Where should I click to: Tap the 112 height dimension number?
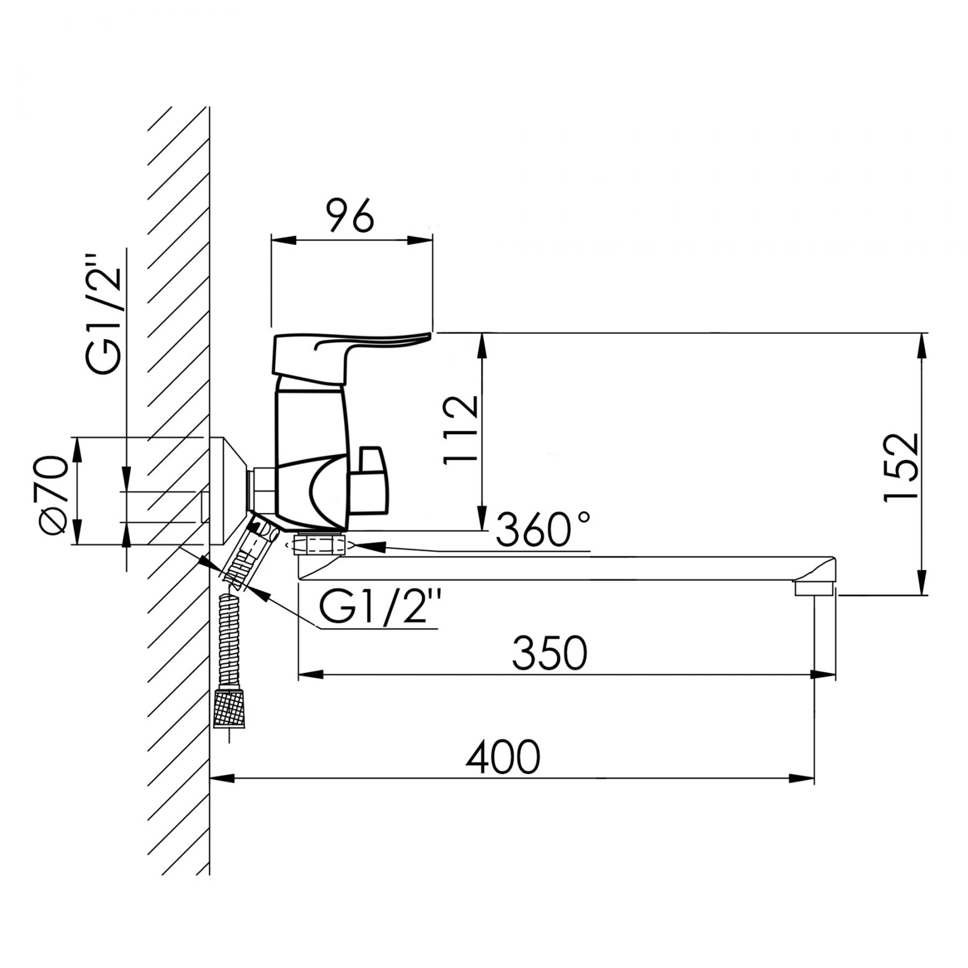coord(460,430)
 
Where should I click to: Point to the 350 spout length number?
coord(549,653)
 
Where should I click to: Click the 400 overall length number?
coord(503,757)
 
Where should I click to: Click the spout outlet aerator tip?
coord(814,589)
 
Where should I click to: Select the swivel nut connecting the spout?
coord(319,544)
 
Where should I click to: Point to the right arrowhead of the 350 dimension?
coord(823,674)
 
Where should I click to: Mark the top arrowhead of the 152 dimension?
coord(922,345)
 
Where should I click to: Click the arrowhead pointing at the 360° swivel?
coord(369,547)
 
